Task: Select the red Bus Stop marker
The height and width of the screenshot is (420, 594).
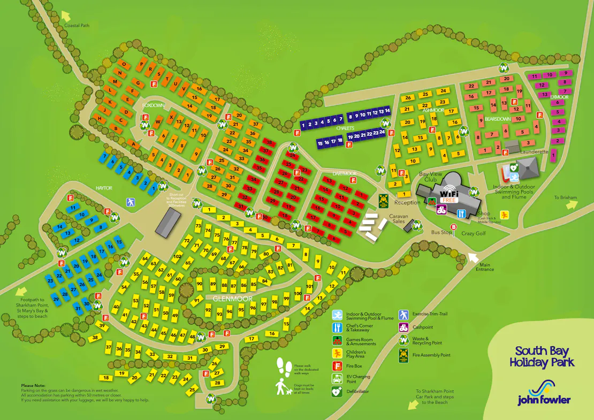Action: (x=454, y=227)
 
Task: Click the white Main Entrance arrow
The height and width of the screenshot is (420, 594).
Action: (x=473, y=257)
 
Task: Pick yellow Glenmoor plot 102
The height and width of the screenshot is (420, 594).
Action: (x=178, y=256)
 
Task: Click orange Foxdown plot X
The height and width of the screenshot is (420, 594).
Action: (x=171, y=117)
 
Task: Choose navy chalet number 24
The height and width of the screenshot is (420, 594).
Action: (x=382, y=132)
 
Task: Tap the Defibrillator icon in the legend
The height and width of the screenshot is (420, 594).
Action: (x=337, y=392)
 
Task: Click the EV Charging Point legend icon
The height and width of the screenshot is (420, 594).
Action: (x=337, y=379)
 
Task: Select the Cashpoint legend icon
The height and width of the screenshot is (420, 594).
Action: (x=403, y=327)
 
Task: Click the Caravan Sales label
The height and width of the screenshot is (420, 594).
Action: (x=398, y=219)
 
